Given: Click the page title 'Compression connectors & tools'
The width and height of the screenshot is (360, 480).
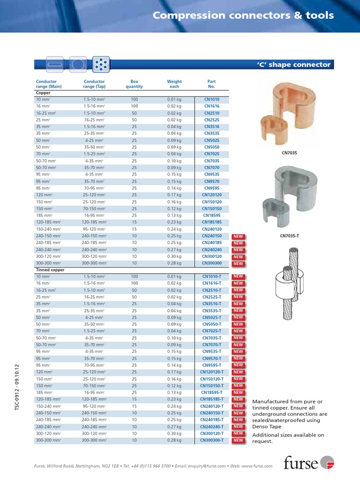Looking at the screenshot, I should coord(243,15).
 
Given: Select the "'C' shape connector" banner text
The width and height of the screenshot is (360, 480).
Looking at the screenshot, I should coord(293,65).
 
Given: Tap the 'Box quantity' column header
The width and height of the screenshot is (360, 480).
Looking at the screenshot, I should coord(134,84).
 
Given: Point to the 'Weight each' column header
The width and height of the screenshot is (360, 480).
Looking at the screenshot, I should coord(174,84).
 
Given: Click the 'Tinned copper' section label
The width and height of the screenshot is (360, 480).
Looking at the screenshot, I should coord(50,270).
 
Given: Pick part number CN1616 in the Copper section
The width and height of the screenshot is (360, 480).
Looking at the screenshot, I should coord(211,106).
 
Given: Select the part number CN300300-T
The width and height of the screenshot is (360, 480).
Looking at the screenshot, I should coord(211,440).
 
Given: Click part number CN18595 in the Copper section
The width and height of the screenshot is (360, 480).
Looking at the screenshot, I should coord(211,216).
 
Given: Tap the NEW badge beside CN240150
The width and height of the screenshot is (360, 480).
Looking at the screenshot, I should coord(238,236).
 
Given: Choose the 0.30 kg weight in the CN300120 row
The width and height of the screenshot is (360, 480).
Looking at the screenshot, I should coord(174,256).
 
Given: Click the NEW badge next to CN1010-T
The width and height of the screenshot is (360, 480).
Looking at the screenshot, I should coord(238,277).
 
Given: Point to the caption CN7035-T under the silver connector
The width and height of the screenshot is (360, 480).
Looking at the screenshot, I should coord(289,236).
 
